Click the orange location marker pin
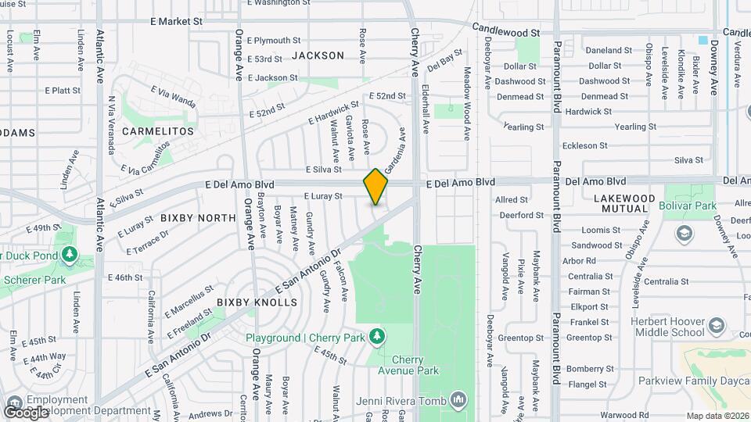(x=376, y=187)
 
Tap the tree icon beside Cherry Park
(x=377, y=336)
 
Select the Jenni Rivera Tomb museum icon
(x=458, y=402)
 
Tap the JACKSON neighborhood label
(x=318, y=55)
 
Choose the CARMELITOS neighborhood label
(x=157, y=131)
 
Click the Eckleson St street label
(x=584, y=145)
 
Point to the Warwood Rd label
(x=625, y=415)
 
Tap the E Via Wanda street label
(x=172, y=100)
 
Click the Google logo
(x=26, y=411)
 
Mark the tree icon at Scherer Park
(x=70, y=255)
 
